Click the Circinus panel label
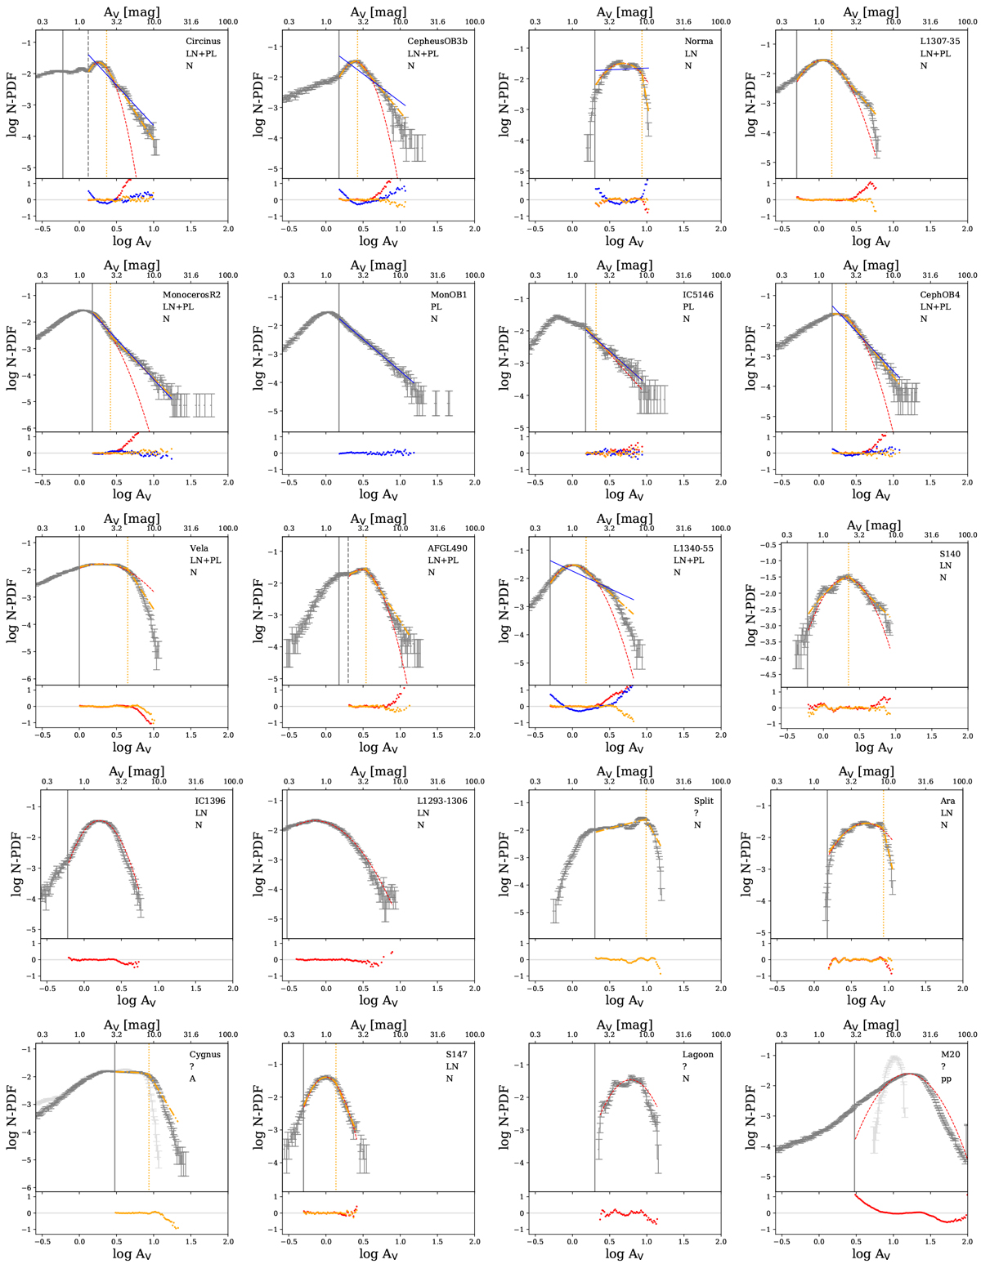[x=203, y=42]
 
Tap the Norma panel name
[x=698, y=42]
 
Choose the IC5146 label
[x=698, y=295]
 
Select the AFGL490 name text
[x=447, y=548]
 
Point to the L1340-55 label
[x=693, y=548]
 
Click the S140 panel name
[x=950, y=554]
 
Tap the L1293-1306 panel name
[x=441, y=801]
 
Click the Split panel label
[x=703, y=801]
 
